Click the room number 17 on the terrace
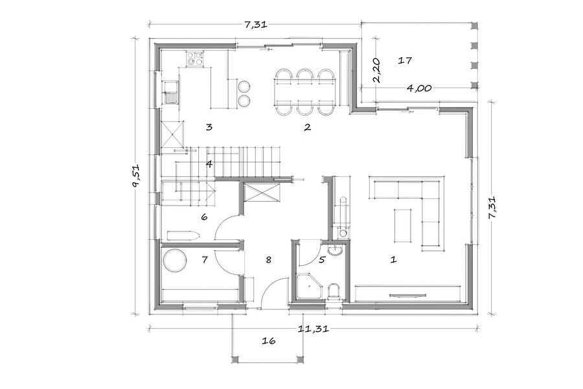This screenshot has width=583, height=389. pyautogui.click(x=405, y=60)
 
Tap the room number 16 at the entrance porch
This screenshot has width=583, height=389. pyautogui.click(x=268, y=340)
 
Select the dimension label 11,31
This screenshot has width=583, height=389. pyautogui.click(x=314, y=329)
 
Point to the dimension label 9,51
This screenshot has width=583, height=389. pyautogui.click(x=136, y=176)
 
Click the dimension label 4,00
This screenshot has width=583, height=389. pyautogui.click(x=419, y=88)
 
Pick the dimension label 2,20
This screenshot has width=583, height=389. pyautogui.click(x=376, y=71)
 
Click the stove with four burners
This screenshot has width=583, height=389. pyautogui.click(x=195, y=58)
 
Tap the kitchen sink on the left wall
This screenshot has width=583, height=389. pyautogui.click(x=170, y=93)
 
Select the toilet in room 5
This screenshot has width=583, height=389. pyautogui.click(x=334, y=291)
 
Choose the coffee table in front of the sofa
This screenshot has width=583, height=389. pyautogui.click(x=403, y=226)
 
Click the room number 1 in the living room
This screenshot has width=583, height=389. pyautogui.click(x=393, y=259)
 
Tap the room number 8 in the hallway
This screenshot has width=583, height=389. pyautogui.click(x=268, y=260)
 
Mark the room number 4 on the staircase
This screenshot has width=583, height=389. pyautogui.click(x=209, y=164)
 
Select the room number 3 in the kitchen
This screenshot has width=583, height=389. pyautogui.click(x=209, y=127)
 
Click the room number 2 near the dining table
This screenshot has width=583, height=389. pyautogui.click(x=307, y=127)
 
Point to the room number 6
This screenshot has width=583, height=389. pyautogui.click(x=204, y=217)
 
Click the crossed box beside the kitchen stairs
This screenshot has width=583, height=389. pyautogui.click(x=172, y=135)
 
